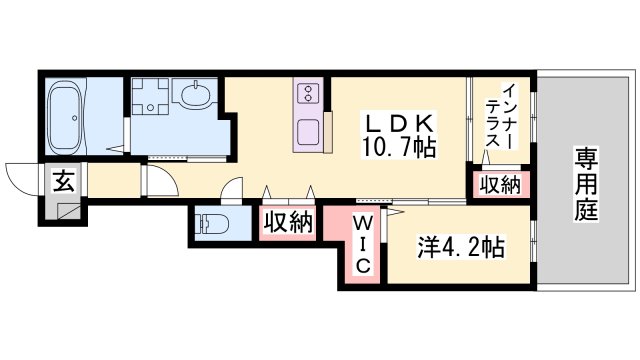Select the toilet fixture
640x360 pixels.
212,225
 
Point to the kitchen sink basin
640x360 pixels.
308,131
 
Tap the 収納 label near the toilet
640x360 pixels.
289,223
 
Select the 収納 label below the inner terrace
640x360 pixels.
499,184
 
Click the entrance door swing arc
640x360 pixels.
22,176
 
